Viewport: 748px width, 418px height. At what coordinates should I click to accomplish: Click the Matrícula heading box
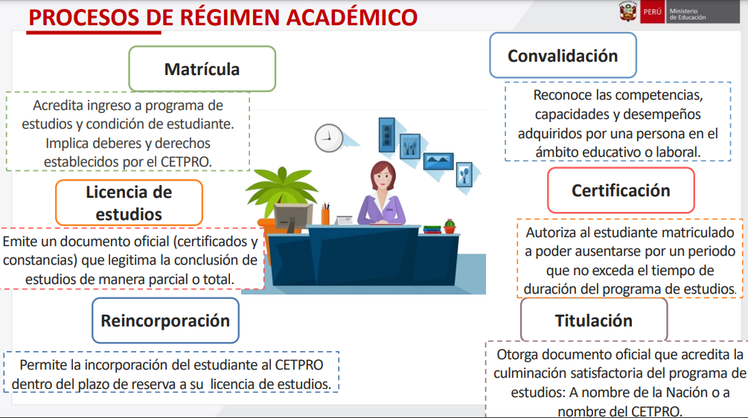[x=202, y=68]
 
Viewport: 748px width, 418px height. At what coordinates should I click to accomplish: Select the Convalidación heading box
[x=563, y=55]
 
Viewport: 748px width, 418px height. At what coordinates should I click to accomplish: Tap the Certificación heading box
[x=621, y=190]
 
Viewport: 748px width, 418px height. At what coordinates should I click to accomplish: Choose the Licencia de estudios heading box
[x=129, y=202]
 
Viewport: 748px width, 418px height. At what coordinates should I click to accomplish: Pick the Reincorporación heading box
[x=165, y=321]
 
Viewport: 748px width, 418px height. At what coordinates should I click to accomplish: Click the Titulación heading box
[x=594, y=320]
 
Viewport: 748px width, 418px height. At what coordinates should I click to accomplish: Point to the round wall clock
[x=329, y=138]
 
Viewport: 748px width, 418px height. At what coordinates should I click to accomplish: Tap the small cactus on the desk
[x=450, y=226]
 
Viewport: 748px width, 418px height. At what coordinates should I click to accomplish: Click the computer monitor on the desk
[x=293, y=217]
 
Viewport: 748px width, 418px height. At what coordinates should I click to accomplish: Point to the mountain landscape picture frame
[x=438, y=161]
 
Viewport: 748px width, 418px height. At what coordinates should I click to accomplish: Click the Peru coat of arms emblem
[x=627, y=11]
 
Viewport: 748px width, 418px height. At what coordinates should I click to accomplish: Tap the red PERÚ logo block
[x=652, y=12]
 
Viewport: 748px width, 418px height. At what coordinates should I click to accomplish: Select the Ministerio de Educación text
[x=688, y=14]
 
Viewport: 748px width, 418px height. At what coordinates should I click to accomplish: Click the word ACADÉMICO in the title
[x=352, y=18]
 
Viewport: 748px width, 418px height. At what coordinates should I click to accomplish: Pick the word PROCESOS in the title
[x=84, y=18]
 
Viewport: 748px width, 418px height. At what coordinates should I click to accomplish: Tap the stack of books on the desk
[x=432, y=230]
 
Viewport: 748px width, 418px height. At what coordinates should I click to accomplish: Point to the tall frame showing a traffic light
[x=387, y=135]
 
